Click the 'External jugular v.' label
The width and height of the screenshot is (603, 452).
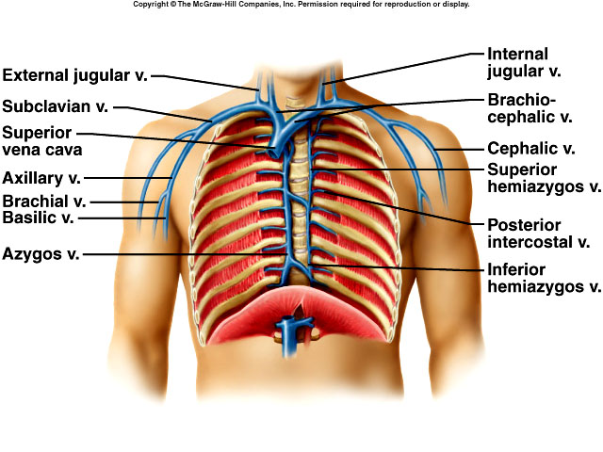pyautogui.click(x=75, y=75)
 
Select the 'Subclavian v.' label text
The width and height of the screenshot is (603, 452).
pyautogui.click(x=56, y=106)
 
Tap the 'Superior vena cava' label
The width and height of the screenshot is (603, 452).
pyautogui.click(x=41, y=141)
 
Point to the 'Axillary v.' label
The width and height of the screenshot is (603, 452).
pyautogui.click(x=41, y=178)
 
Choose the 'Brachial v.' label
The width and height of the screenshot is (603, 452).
pyautogui.click(x=44, y=201)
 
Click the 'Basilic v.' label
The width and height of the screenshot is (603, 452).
pyautogui.click(x=38, y=218)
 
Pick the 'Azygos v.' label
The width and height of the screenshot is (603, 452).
pyautogui.click(x=41, y=253)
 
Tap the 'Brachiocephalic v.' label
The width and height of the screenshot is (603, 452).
pyautogui.click(x=530, y=108)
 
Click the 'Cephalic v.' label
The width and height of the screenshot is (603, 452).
pyautogui.click(x=531, y=148)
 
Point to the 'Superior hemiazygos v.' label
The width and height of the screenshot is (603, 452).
pyautogui.click(x=545, y=178)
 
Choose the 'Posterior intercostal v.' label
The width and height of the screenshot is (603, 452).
pyautogui.click(x=538, y=234)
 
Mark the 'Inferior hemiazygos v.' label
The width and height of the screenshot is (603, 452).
pyautogui.click(x=545, y=279)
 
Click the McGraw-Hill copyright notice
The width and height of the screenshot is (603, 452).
pyautogui.click(x=301, y=4)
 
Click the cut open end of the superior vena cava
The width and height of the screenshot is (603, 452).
pyautogui.click(x=273, y=153)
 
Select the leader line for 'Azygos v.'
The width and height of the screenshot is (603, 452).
pyautogui.click(x=186, y=254)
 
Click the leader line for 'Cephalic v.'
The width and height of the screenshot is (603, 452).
pyautogui.click(x=459, y=149)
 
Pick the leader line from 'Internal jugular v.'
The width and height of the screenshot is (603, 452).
pyautogui.click(x=403, y=68)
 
